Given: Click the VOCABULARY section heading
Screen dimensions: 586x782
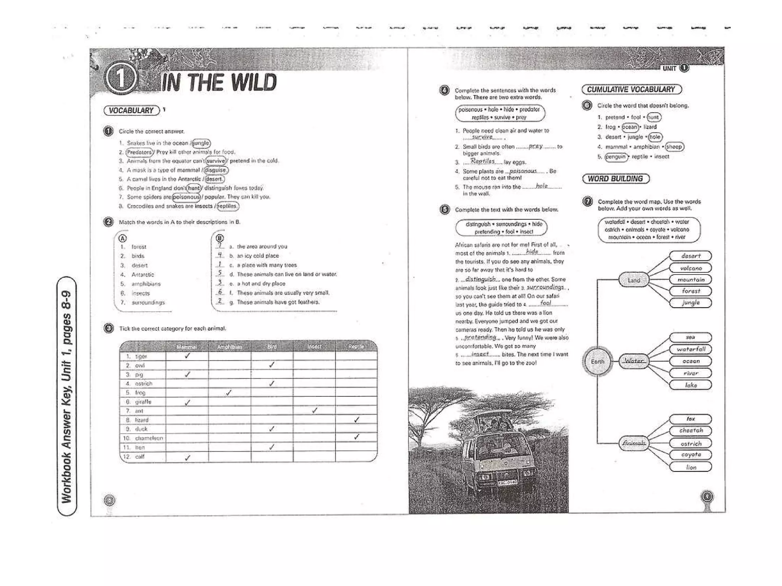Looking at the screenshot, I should click(131, 111).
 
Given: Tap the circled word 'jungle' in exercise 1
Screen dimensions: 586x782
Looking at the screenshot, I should click(201, 143).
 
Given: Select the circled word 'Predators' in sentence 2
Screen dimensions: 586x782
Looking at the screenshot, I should click(140, 152).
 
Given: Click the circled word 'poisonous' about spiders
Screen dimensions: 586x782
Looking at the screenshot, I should click(186, 197).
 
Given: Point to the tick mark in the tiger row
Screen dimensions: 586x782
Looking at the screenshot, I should click(187, 356).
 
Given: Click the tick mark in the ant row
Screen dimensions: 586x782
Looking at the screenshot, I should click(314, 411).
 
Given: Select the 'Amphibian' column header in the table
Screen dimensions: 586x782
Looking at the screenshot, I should click(229, 347).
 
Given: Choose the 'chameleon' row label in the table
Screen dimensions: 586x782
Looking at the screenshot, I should click(149, 438).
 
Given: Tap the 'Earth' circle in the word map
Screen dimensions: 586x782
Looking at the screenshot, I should click(598, 361).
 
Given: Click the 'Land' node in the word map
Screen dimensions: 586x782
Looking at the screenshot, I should click(634, 280).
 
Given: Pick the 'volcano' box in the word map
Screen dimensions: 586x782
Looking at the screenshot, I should click(691, 268).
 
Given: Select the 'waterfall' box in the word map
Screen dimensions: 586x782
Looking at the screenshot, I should click(691, 349).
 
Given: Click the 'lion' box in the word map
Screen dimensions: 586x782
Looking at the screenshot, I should click(691, 467).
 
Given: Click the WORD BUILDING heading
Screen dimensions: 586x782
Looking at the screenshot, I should click(616, 179).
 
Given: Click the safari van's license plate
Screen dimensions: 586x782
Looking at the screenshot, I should click(507, 482).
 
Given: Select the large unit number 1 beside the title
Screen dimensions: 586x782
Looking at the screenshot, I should click(120, 79).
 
